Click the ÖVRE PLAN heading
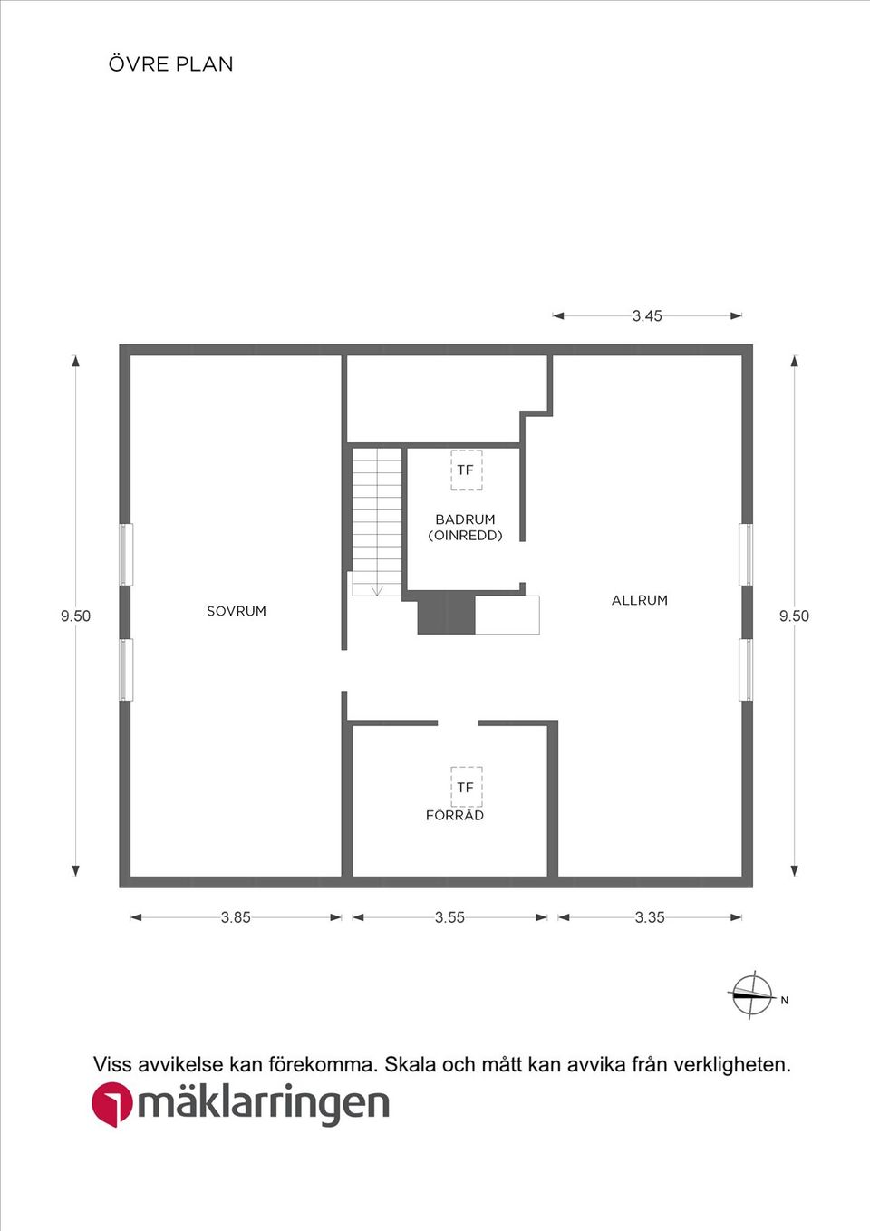coord(170,63)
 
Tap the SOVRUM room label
coord(237,611)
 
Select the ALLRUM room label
coord(640,600)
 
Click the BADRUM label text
coord(465,519)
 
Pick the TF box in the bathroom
coord(467,470)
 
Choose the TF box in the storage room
coord(467,788)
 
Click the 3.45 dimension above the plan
coord(647,316)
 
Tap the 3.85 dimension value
coord(236,917)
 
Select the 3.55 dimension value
coord(449,917)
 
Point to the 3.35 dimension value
coord(650,917)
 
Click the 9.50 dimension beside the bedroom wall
coord(76,616)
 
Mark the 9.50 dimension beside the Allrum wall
coord(794,616)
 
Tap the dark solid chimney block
coord(446,615)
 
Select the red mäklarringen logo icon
coord(112,1105)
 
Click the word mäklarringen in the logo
coord(263,1106)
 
